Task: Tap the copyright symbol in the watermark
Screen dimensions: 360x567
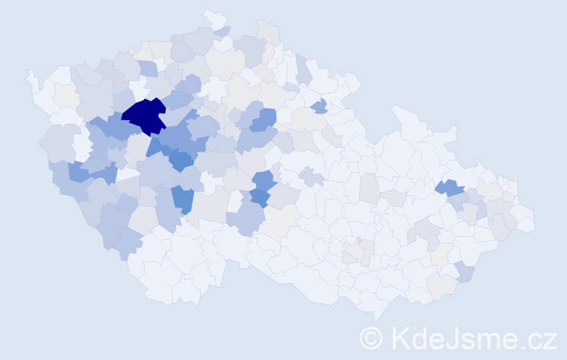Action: point(371,338)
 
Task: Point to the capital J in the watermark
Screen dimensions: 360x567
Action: point(451,338)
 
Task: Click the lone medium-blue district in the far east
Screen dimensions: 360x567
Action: point(451,188)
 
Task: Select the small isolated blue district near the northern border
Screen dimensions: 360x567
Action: point(319,107)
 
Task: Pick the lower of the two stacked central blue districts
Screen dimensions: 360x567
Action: point(260,197)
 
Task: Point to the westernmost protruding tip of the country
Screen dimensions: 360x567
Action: point(30,74)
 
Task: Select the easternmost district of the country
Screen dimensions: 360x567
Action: point(529,220)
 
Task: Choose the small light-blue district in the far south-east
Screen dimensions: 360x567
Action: point(465,271)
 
